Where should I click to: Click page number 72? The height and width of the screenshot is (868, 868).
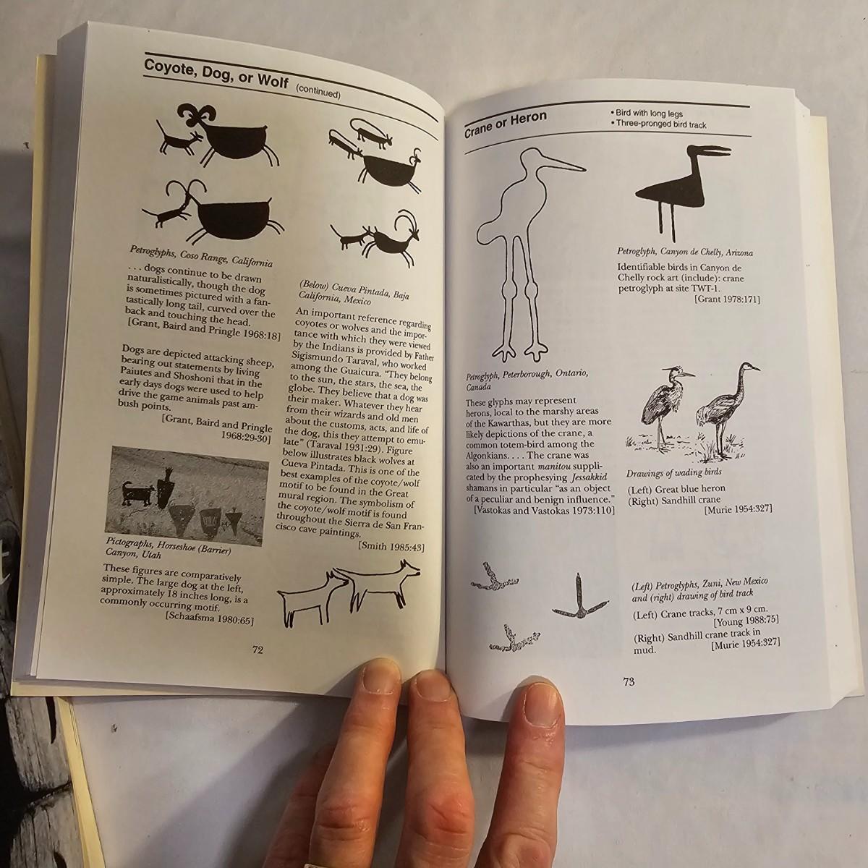coord(258,650)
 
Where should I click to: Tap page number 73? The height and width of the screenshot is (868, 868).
coord(629,682)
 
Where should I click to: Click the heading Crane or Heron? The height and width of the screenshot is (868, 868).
coord(506,124)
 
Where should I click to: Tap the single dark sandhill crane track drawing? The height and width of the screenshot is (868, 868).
coord(580,598)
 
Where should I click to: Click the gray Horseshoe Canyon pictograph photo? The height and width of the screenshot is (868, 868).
coord(187,495)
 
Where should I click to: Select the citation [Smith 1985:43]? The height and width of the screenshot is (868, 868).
coord(391,547)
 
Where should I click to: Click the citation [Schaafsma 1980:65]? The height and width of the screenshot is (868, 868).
coord(210,618)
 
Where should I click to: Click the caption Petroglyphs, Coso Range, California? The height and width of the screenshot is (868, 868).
coord(201,256)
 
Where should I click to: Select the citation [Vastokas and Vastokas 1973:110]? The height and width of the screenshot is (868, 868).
coord(544,511)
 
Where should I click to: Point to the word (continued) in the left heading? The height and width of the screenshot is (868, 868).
coord(318,92)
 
